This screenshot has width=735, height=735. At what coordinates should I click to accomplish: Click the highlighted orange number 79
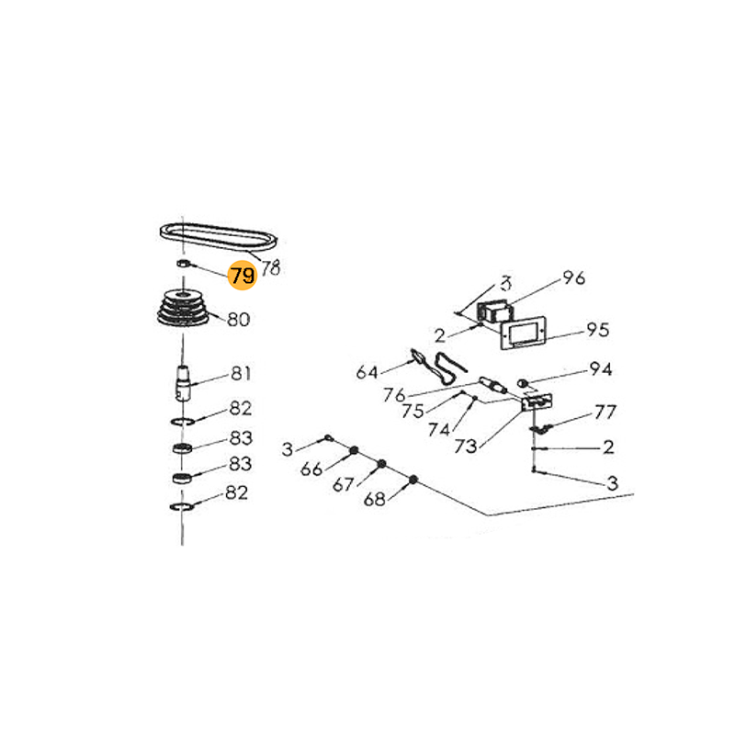pos(243,275)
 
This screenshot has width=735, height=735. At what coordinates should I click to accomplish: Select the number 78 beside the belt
pos(270,267)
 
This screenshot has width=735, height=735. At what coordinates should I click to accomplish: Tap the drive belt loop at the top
pos(219,237)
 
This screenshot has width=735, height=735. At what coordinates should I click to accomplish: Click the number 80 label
pos(238,320)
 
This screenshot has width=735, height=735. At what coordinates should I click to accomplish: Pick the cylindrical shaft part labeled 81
pos(183,383)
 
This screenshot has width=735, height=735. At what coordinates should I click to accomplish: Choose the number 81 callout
pos(241,374)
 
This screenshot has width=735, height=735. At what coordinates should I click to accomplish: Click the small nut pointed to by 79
pos(183,263)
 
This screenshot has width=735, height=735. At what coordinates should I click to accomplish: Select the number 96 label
pos(573,277)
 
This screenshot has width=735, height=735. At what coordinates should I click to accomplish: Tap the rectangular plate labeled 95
pos(523,333)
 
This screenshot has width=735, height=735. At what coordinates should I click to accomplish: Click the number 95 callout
pos(598,330)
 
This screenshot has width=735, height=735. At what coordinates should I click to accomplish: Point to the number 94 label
pos(601,369)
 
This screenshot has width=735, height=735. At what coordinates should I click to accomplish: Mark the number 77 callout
pos(605,412)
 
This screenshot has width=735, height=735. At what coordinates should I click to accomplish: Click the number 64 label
pos(367,373)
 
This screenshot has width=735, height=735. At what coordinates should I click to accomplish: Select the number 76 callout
pos(394,395)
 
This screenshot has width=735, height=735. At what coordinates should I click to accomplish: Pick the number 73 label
pos(466,447)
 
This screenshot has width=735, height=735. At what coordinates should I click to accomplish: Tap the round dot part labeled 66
pos(355,450)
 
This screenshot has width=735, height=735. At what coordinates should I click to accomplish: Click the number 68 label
pos(374,500)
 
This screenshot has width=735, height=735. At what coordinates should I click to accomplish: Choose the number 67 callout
pos(343,484)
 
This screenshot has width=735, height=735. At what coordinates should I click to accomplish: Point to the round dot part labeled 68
pos(413,480)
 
